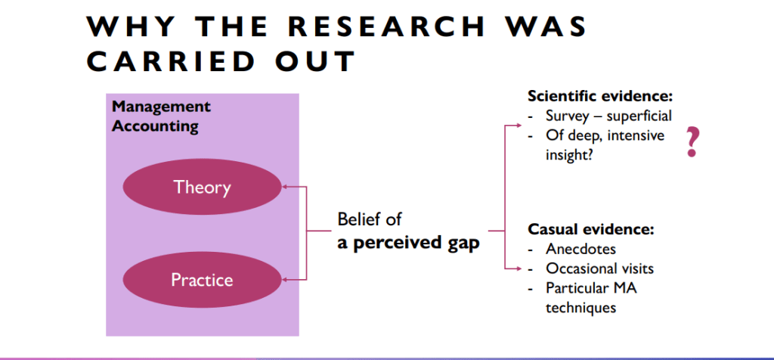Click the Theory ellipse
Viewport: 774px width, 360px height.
pyautogui.click(x=202, y=187)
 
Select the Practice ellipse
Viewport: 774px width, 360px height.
pyautogui.click(x=202, y=280)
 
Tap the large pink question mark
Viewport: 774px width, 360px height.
pyautogui.click(x=692, y=141)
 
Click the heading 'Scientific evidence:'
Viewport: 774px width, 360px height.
pyautogui.click(x=601, y=96)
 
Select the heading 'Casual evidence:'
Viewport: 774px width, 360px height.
pyautogui.click(x=591, y=230)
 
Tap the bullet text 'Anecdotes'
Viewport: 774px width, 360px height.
pyautogui.click(x=581, y=249)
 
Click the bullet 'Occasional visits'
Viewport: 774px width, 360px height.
pyautogui.click(x=599, y=268)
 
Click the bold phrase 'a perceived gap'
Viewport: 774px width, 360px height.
pyautogui.click(x=409, y=244)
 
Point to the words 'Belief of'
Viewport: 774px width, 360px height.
pyautogui.click(x=370, y=219)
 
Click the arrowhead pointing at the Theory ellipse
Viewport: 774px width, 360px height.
pyautogui.click(x=285, y=187)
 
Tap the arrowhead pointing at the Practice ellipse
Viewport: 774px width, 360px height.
pyautogui.click(x=285, y=280)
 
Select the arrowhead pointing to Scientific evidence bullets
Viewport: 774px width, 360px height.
pyautogui.click(x=518, y=126)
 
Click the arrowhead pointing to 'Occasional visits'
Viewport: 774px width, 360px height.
pyautogui.click(x=518, y=268)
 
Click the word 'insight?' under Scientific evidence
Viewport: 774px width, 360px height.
pyautogui.click(x=570, y=155)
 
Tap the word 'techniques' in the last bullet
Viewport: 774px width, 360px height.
pyautogui.click(x=581, y=308)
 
